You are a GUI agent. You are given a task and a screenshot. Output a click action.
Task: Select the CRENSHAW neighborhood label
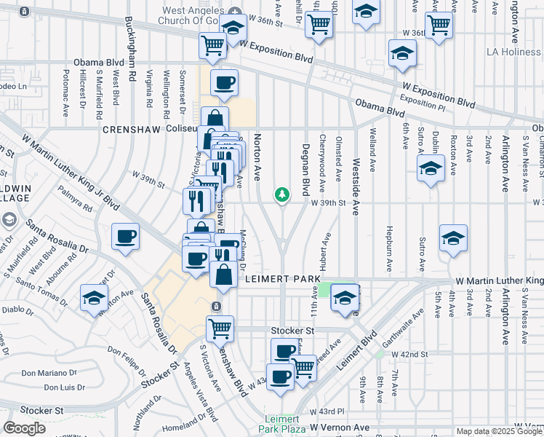(131, 129)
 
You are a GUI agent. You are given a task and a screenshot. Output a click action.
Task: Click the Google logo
(25, 428)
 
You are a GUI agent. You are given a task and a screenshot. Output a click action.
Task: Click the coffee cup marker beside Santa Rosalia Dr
(125, 237)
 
